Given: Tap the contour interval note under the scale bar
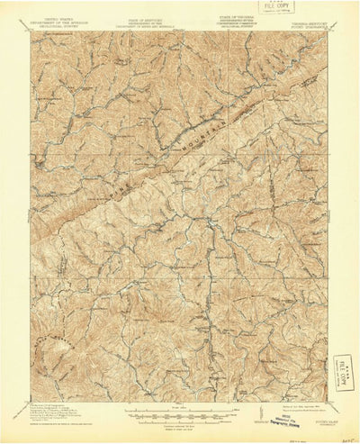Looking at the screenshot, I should (180, 425).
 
